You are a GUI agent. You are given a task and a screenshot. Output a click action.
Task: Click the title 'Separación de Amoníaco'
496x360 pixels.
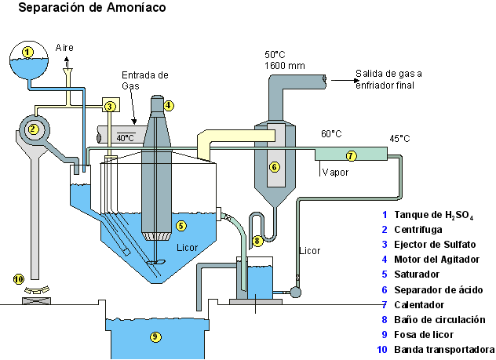point(92,9)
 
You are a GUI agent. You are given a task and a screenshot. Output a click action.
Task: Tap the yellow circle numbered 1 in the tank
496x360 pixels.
point(27,52)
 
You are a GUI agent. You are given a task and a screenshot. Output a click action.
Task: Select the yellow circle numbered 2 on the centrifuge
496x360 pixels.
point(34,129)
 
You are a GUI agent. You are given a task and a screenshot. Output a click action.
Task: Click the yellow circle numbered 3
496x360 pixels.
point(110,106)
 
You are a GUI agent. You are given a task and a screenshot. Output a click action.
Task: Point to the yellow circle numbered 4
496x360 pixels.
point(169,105)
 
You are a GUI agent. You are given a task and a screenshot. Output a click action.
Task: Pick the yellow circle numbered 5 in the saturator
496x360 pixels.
point(181,226)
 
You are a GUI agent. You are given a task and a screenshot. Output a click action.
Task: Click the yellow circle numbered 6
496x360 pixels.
point(274,166)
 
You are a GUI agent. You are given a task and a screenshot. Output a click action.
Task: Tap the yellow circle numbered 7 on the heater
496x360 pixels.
point(352,155)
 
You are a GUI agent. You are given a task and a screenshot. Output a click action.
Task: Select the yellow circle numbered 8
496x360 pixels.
point(258,241)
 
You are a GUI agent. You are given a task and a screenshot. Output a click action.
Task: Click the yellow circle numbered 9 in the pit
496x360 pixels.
point(155,336)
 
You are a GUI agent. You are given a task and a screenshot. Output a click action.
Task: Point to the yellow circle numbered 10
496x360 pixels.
point(19,278)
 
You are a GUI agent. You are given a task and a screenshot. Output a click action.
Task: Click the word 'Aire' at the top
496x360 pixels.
point(65,48)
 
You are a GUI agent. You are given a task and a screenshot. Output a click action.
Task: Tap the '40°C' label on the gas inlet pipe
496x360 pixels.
point(125,137)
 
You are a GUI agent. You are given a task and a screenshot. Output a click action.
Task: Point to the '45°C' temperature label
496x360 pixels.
point(400,138)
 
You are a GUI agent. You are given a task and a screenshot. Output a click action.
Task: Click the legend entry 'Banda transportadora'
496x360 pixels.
point(444,349)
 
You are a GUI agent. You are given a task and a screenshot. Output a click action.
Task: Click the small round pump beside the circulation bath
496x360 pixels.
point(295,292)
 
